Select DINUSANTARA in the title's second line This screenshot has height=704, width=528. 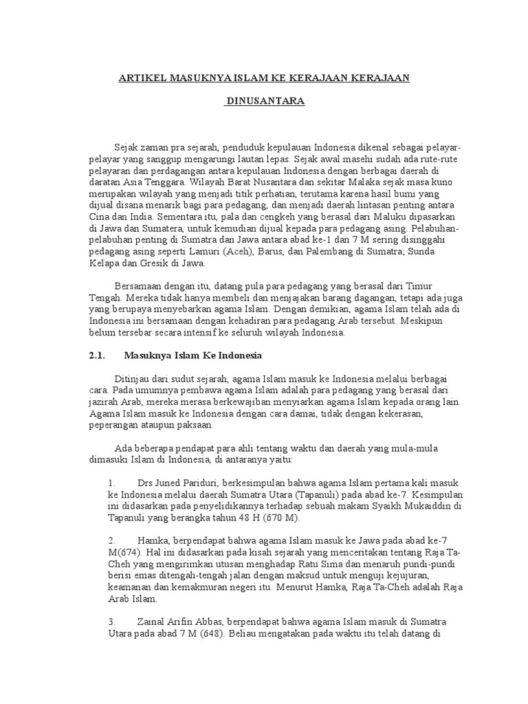265,102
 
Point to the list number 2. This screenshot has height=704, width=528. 111,541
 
